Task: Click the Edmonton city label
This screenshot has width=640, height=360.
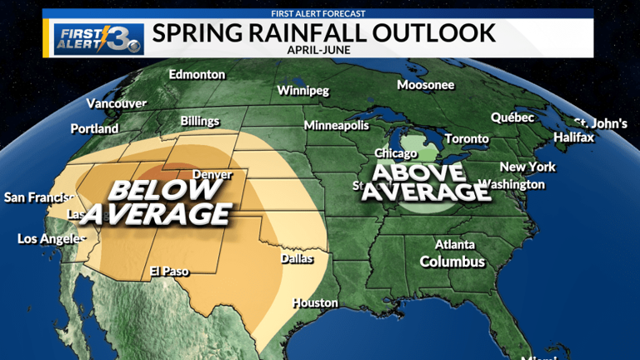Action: click(197, 74)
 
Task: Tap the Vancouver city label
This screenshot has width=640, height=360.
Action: click(116, 104)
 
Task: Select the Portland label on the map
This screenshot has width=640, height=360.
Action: click(94, 129)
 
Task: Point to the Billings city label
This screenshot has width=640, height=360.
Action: click(200, 121)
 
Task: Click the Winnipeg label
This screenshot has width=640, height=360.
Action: click(303, 90)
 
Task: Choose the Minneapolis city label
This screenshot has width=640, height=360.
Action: click(336, 126)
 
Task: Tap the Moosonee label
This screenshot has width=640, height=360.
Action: click(425, 85)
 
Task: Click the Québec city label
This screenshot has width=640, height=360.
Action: click(512, 117)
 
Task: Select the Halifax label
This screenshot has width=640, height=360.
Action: click(574, 137)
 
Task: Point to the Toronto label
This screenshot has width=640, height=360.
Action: click(467, 138)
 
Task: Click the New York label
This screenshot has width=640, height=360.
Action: click(527, 167)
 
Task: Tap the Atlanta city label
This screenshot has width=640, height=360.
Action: click(455, 244)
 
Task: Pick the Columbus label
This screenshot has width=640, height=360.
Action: click(452, 262)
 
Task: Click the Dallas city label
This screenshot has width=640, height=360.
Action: click(297, 258)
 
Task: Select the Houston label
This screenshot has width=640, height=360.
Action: click(315, 302)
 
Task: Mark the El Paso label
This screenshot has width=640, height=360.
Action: click(169, 272)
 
